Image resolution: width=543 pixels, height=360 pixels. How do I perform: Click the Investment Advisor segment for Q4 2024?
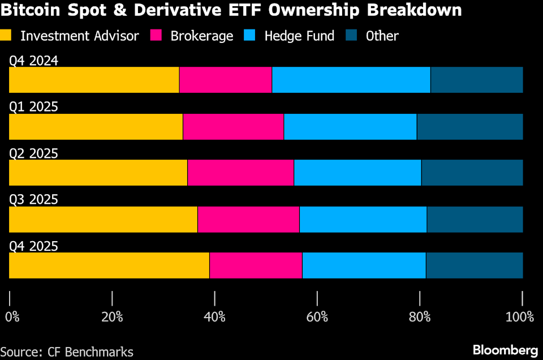[x=94, y=80]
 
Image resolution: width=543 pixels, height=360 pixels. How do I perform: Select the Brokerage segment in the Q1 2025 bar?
[x=233, y=126]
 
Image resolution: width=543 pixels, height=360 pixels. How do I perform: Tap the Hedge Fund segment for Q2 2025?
[x=357, y=173]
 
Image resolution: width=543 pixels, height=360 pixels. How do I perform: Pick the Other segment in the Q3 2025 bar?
[x=475, y=219]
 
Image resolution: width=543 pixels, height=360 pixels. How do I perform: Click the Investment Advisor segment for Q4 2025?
[x=109, y=265]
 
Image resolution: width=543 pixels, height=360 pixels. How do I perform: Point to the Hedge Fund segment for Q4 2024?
[x=351, y=80]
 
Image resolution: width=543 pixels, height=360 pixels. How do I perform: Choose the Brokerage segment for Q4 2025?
[x=256, y=265]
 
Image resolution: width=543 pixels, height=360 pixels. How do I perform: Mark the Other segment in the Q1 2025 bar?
[x=469, y=126]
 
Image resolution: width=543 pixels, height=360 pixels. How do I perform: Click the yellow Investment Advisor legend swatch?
[x=7, y=36]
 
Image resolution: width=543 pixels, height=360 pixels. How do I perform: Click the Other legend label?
[x=382, y=36]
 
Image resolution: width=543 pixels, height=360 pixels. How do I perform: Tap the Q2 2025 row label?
[x=33, y=153]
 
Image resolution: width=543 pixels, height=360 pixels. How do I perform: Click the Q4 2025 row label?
[x=33, y=246]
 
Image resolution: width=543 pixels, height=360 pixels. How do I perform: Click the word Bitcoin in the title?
[x=31, y=10]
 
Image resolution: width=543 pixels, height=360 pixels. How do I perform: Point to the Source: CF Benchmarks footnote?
[x=67, y=352]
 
